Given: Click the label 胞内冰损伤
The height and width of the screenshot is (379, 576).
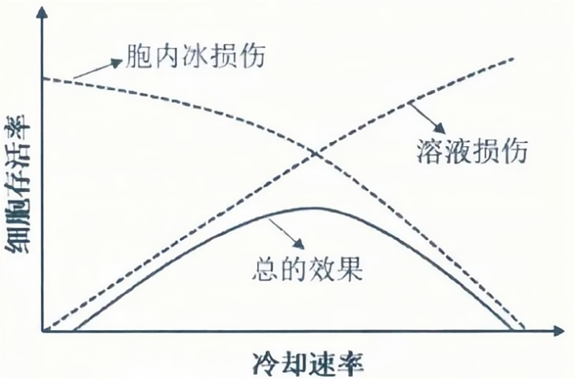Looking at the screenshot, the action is tap(195, 57).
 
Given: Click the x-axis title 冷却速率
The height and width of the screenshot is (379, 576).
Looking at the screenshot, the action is tap(306, 359).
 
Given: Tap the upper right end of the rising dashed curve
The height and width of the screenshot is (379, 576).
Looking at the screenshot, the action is tap(513, 59).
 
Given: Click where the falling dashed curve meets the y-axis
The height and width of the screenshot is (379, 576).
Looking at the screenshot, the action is tap(43, 79).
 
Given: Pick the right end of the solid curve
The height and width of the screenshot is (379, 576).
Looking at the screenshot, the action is tap(515, 329).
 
